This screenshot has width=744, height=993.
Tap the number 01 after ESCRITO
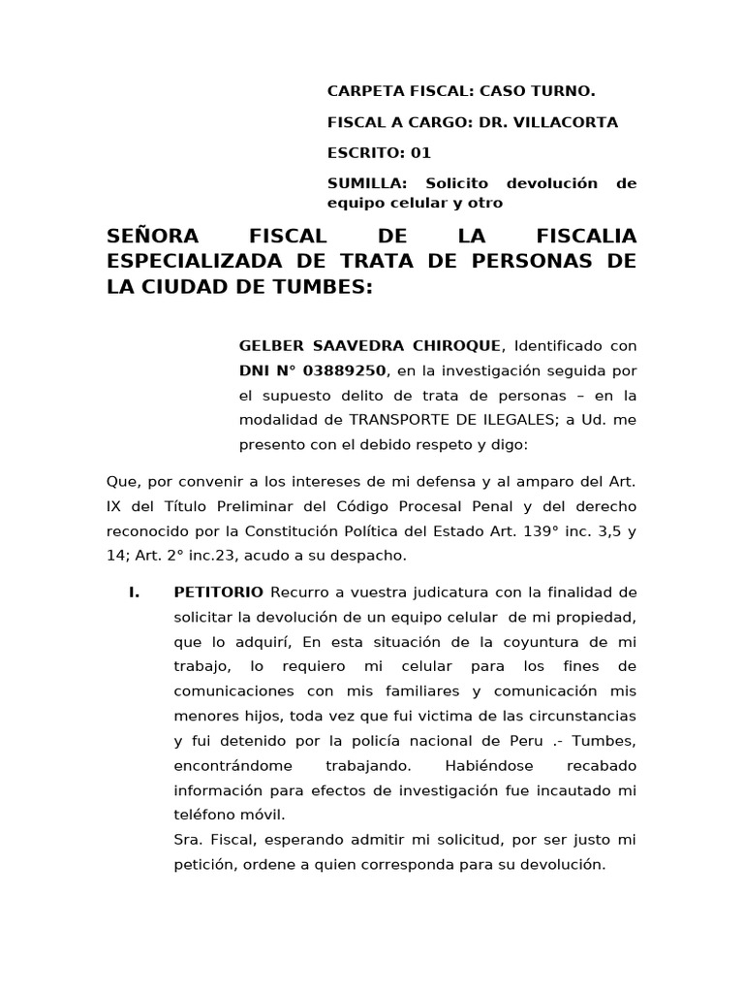click(x=420, y=152)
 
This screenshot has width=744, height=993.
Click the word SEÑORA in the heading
click(x=152, y=236)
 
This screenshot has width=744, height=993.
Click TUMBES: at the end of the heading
click(x=325, y=288)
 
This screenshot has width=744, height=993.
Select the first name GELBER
click(x=272, y=346)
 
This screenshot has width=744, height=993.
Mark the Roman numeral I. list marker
click(x=135, y=592)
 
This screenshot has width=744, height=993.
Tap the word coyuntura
click(x=511, y=642)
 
